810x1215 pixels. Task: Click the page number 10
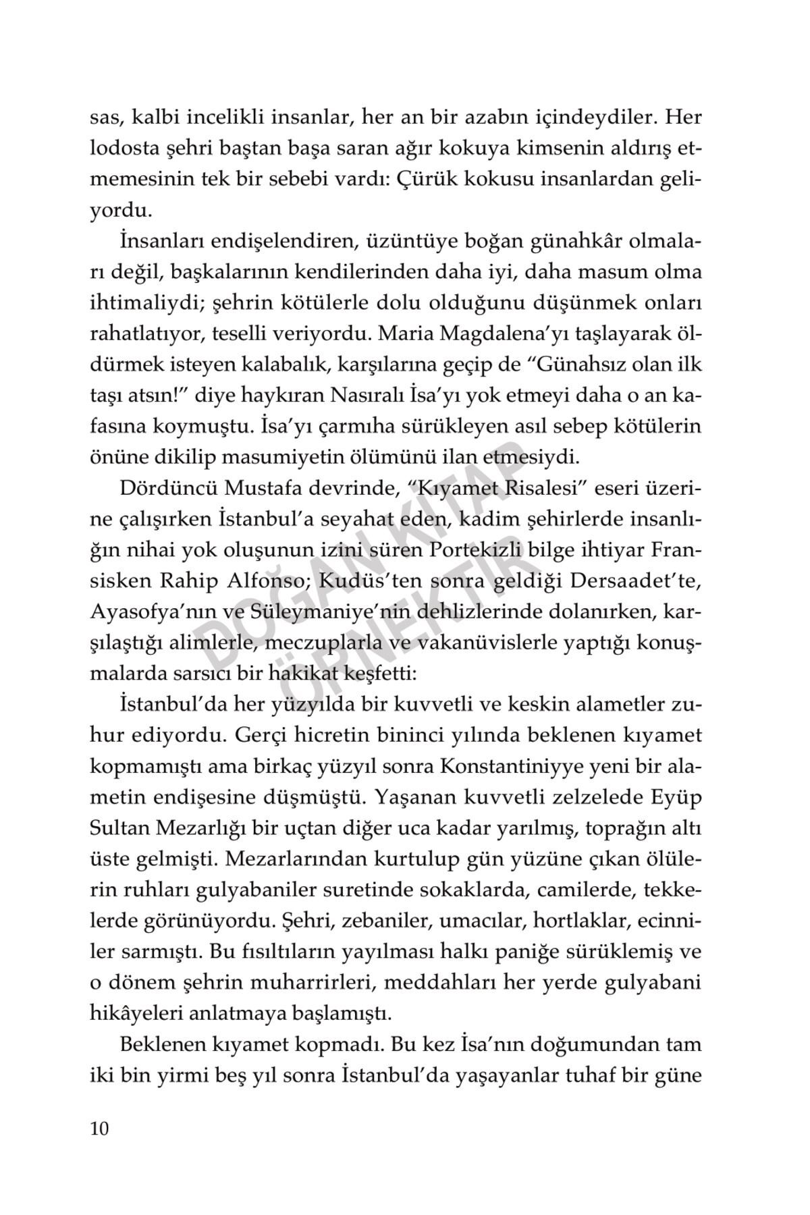[99, 1129]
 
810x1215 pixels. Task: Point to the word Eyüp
[676, 797]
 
